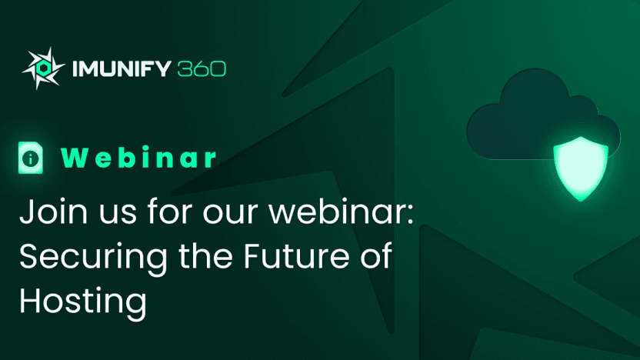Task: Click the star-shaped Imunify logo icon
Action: (43, 68)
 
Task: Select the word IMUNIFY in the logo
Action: (122, 68)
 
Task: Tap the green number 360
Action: (202, 68)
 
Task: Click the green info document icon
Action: (31, 158)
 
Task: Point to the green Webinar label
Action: (138, 157)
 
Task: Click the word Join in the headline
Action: (54, 212)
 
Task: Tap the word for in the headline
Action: (170, 211)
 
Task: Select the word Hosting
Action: (82, 303)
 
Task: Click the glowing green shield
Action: (581, 168)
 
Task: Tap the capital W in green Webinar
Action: (75, 158)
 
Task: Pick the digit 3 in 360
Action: (185, 68)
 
